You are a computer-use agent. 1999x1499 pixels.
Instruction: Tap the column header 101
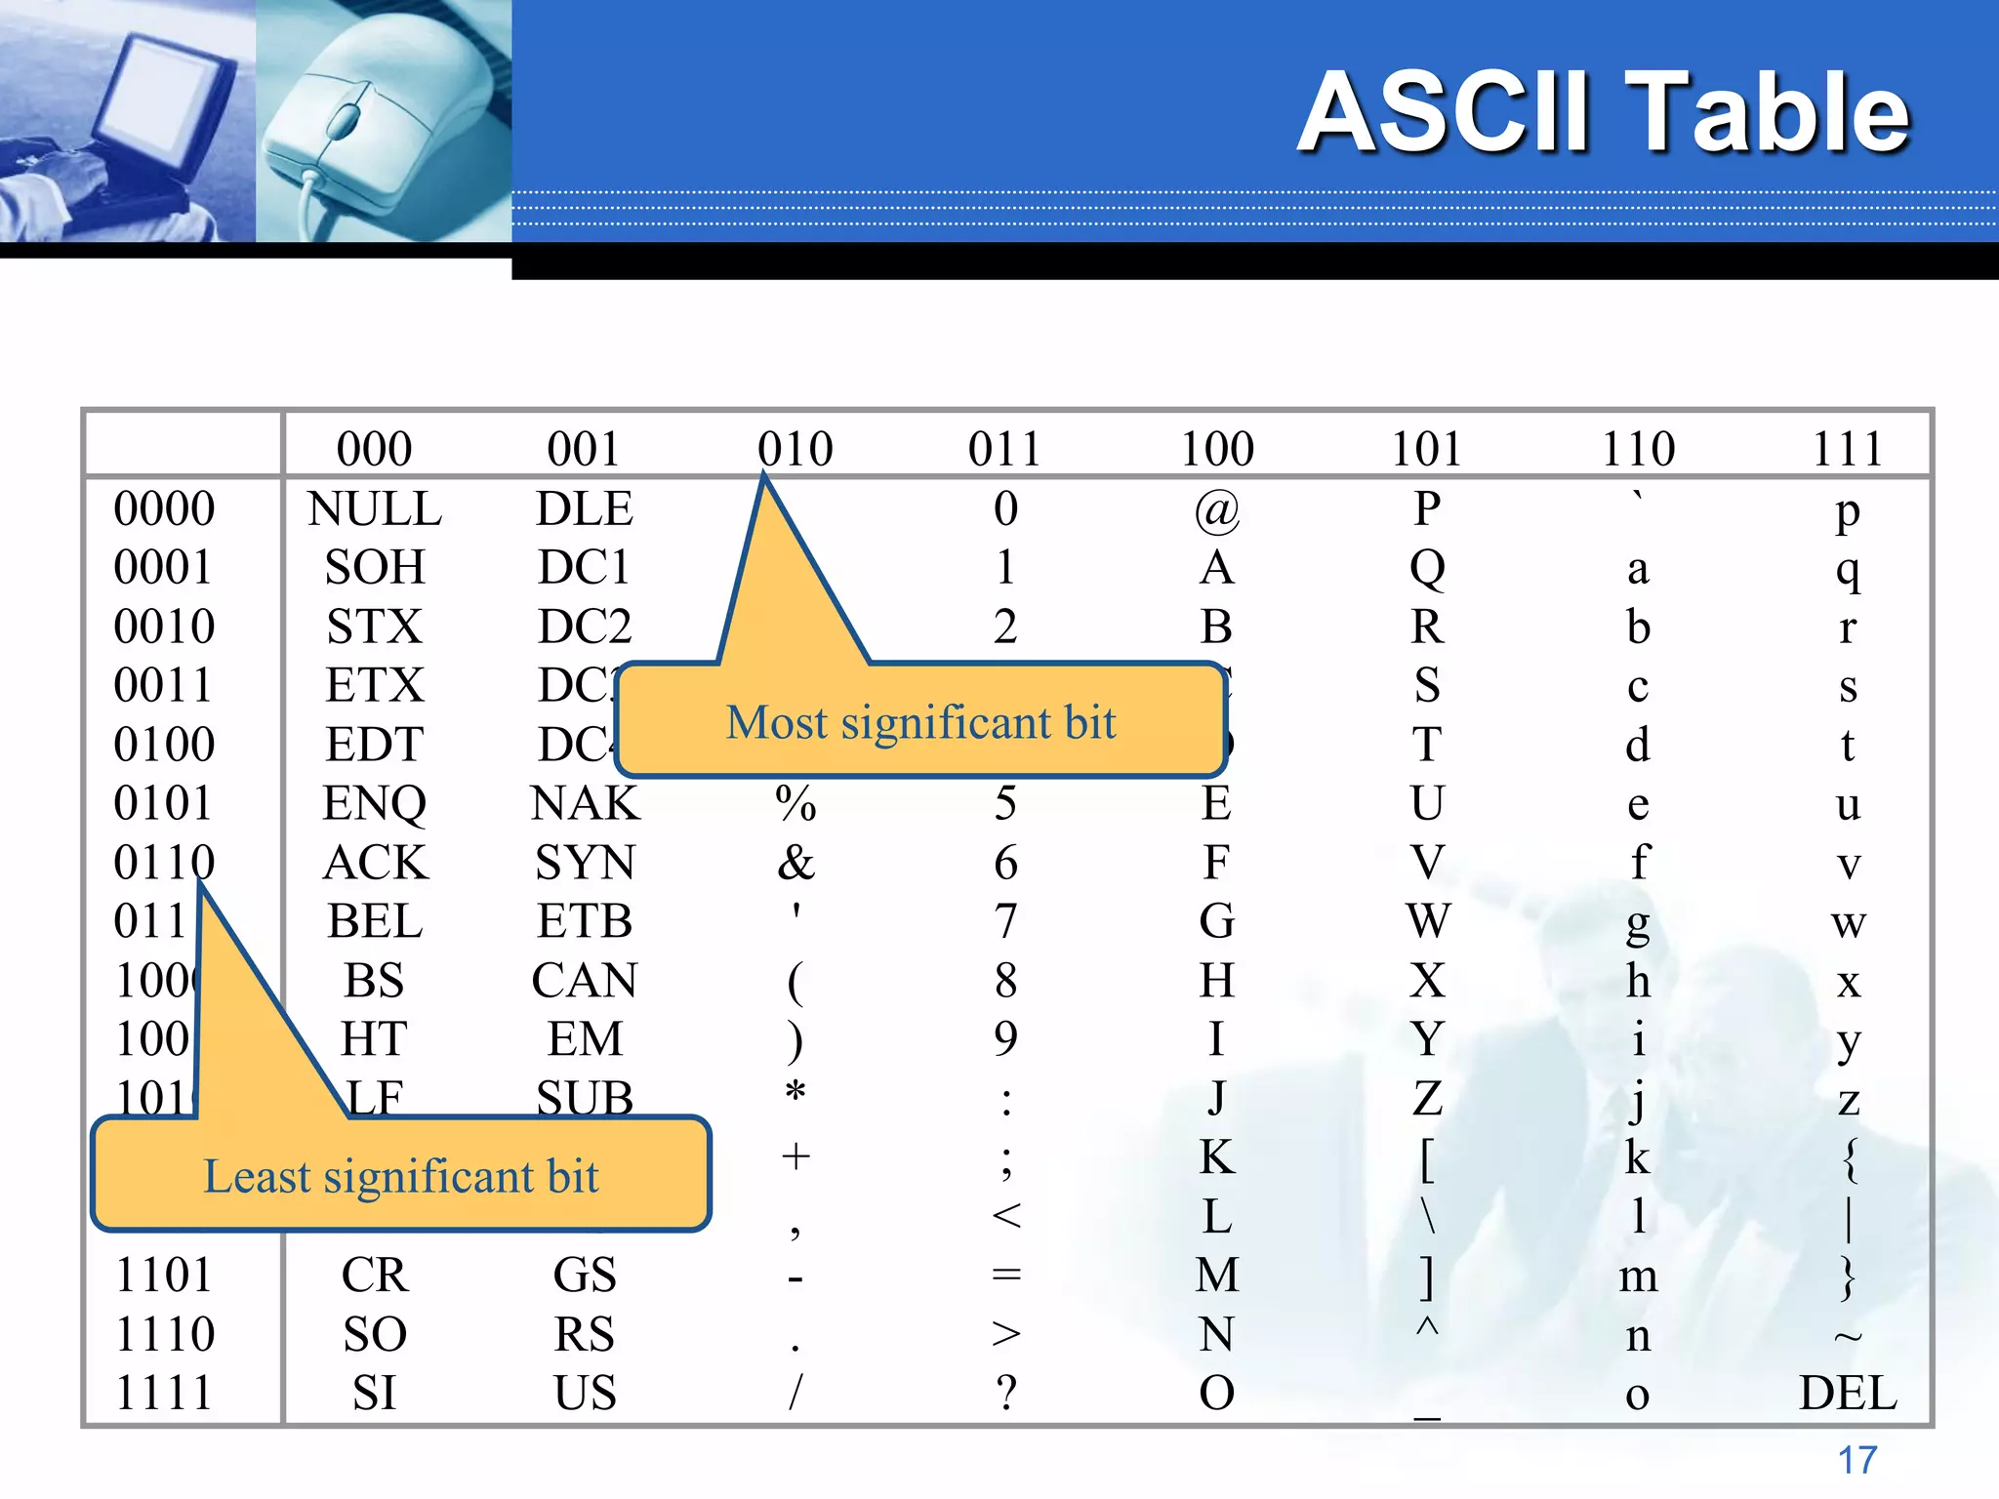(x=1426, y=449)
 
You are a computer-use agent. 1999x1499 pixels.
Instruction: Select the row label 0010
(x=164, y=627)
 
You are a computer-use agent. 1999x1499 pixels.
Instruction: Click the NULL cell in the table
(x=375, y=508)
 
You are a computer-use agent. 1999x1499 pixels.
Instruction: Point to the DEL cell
(x=1848, y=1393)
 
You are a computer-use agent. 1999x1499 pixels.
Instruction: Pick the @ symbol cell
(x=1216, y=509)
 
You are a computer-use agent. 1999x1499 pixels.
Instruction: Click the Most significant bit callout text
(x=920, y=723)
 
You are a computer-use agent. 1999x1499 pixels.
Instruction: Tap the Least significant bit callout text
(x=400, y=1176)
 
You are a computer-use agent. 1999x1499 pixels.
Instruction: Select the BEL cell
(x=375, y=921)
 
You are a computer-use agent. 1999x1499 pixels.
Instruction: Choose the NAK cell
(x=585, y=804)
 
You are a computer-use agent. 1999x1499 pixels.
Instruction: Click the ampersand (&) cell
(x=796, y=863)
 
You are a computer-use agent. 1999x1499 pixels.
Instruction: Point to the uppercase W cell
(x=1427, y=921)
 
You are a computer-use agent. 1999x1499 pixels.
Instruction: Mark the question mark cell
(x=1006, y=1393)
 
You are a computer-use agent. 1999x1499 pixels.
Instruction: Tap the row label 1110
(x=164, y=1334)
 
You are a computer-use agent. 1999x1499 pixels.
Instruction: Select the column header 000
(x=375, y=449)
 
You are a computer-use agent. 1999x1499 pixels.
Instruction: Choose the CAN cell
(x=585, y=980)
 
